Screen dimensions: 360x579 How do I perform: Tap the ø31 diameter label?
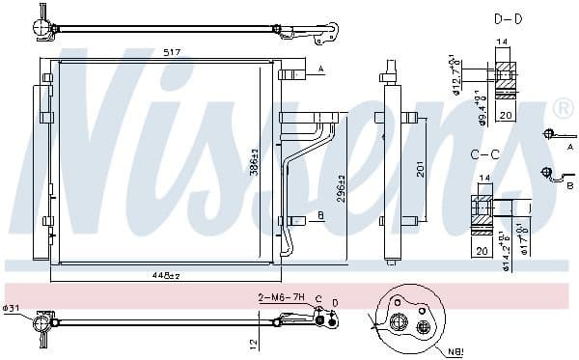(x=13, y=309)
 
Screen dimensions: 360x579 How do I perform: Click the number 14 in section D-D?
(x=501, y=42)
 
